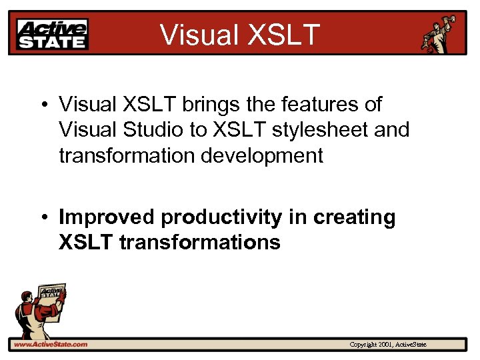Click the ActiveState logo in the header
[53, 34]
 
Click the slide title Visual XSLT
[241, 35]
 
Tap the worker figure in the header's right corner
[439, 34]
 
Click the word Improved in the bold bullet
[107, 217]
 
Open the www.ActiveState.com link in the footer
[49, 345]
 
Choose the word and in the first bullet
[391, 130]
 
